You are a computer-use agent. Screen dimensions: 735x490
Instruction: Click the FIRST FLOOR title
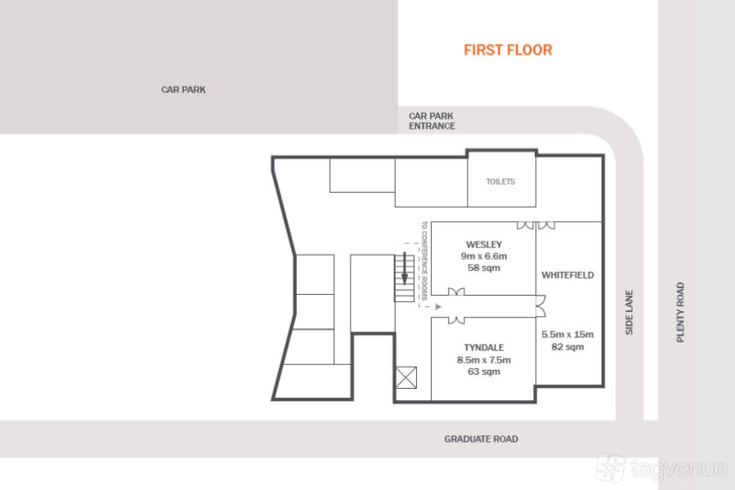point(508,50)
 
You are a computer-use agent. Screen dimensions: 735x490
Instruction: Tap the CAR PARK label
point(183,90)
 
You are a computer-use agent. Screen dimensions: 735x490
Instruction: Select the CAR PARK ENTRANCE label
point(432,121)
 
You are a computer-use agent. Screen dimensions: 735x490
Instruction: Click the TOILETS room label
point(500,181)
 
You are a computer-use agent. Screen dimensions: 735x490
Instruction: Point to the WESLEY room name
point(484,244)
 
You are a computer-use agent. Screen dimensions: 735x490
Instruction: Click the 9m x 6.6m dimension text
point(484,256)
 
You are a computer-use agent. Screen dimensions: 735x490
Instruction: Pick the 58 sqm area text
point(484,268)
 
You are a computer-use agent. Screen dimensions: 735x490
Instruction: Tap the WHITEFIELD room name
point(567,275)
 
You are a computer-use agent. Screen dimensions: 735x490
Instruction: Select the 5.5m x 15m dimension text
point(567,335)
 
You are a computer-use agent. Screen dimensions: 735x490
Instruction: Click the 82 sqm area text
point(567,346)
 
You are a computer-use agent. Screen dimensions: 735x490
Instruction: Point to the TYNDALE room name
point(484,348)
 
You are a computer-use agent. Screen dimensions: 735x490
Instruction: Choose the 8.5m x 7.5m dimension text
point(484,360)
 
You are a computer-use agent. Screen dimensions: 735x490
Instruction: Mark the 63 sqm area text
point(484,372)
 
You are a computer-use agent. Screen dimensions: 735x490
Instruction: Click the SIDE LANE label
point(629,312)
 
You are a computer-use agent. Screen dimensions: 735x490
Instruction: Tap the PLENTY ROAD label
point(680,312)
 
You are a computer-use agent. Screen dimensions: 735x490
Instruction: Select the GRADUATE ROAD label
point(481,439)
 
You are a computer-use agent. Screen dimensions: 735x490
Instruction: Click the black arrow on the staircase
point(405,269)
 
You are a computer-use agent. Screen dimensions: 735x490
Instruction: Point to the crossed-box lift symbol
point(406,377)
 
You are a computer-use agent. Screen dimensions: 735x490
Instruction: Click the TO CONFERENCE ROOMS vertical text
point(424,261)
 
